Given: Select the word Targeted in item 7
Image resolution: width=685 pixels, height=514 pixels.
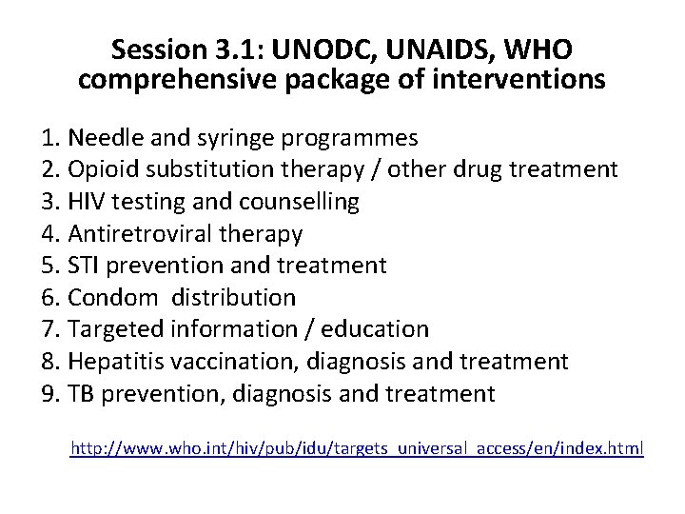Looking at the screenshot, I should (x=113, y=329).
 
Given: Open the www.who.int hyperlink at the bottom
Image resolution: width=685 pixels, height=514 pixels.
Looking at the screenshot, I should (x=358, y=446).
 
